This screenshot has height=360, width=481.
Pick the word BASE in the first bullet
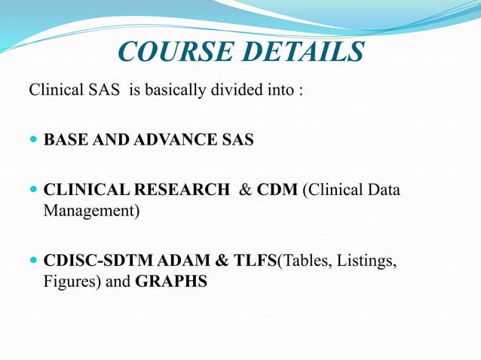[63, 140]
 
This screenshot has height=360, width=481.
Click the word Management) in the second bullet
[91, 209]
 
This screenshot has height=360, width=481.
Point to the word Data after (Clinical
[384, 189]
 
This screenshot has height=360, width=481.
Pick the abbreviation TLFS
[253, 261]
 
